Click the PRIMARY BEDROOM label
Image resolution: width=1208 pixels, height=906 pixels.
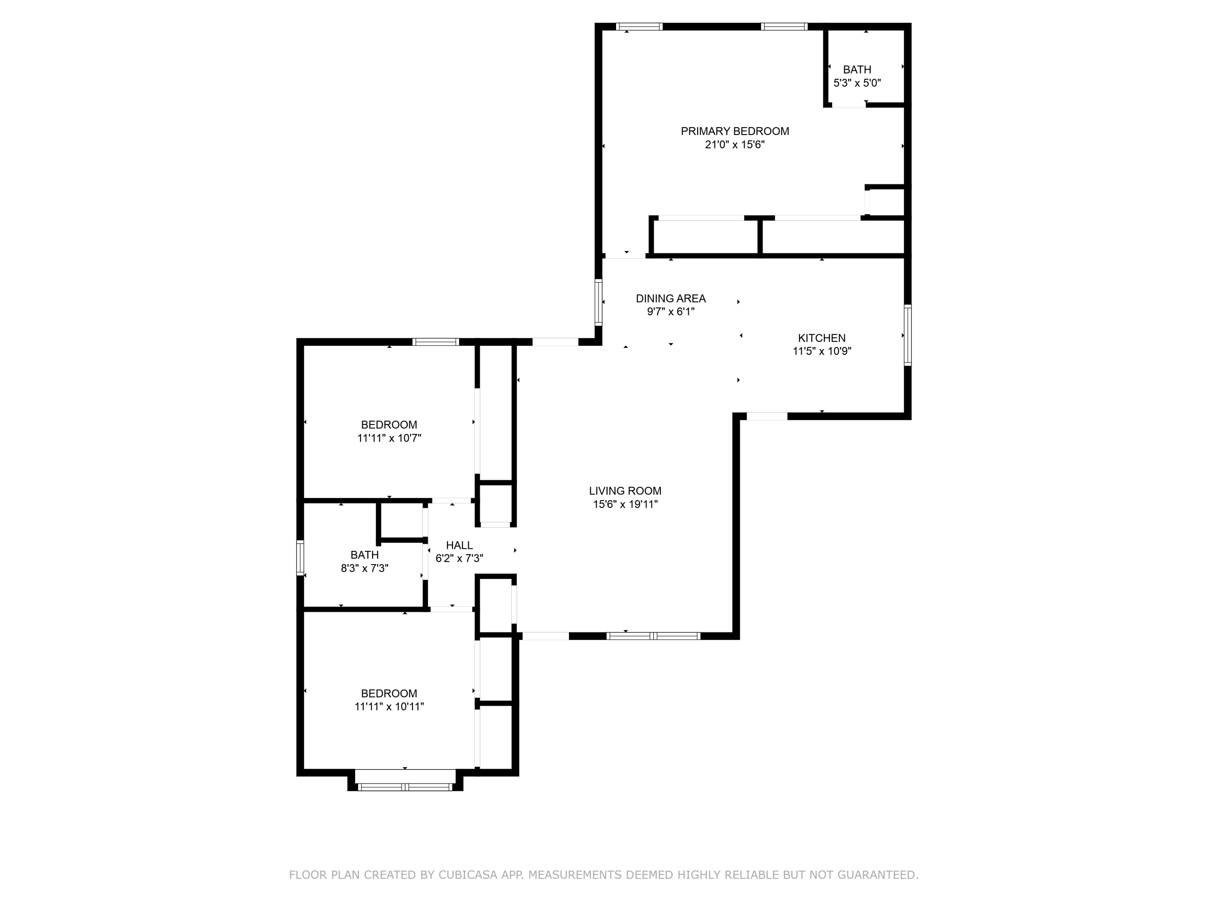tap(734, 131)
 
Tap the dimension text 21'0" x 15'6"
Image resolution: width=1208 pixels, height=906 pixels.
tap(734, 145)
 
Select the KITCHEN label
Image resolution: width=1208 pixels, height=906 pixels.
tap(821, 338)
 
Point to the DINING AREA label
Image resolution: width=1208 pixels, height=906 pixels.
tap(670, 299)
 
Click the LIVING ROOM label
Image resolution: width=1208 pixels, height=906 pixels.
tap(625, 491)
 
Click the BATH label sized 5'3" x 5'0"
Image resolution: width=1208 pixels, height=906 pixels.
tap(857, 70)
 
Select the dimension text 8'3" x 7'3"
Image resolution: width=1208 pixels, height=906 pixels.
tap(364, 568)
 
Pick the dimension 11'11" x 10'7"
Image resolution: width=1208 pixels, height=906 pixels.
tap(389, 438)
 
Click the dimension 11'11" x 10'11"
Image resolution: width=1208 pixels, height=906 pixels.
tap(389, 707)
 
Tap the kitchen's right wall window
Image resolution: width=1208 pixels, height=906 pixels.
tap(907, 335)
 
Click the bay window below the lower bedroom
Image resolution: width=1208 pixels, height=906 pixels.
tap(405, 787)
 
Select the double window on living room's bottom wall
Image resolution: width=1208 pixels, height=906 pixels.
tap(653, 636)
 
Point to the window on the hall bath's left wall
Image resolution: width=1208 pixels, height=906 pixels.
tap(300, 558)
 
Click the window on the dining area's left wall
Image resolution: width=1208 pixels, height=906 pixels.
tap(598, 302)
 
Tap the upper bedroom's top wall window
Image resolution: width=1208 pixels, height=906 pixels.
tap(435, 342)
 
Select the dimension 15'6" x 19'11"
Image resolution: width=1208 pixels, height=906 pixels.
tap(625, 505)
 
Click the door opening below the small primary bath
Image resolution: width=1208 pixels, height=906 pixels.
tap(848, 105)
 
